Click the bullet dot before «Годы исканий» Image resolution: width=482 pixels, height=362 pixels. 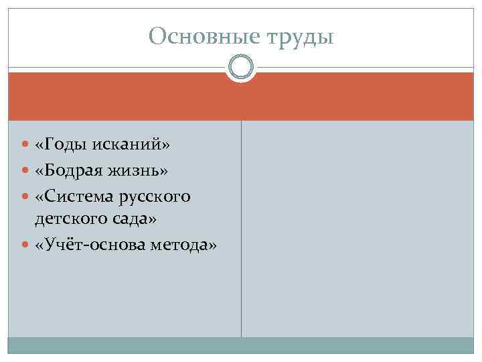pos(25,146)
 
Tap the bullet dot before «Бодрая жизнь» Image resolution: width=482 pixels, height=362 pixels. pos(25,172)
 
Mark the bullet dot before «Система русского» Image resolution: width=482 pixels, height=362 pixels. pos(25,197)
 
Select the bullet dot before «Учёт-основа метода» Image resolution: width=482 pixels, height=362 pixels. pos(25,246)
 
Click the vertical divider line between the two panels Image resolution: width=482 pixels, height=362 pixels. pos(241,228)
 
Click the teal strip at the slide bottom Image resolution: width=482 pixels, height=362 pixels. pos(241,345)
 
